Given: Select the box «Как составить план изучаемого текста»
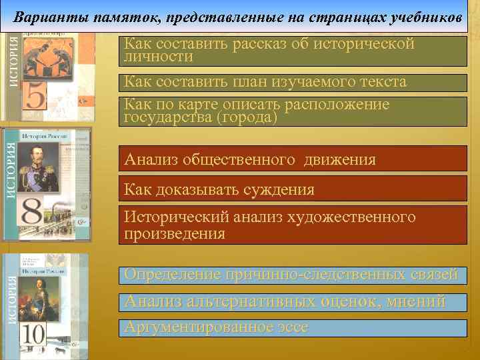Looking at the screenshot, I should click(293, 82).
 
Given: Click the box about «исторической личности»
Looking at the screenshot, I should click(293, 51).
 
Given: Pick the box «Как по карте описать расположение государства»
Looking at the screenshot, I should click(293, 111).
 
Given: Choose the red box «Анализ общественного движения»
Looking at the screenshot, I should click(293, 160).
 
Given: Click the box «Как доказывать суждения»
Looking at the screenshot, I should click(293, 189).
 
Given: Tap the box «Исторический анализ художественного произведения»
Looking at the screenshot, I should click(293, 225).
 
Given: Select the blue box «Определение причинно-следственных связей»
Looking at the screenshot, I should click(293, 275).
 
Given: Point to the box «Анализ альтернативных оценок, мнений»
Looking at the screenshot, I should click(293, 301).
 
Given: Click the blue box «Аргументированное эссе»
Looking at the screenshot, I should click(293, 327).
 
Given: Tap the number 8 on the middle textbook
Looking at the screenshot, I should click(36, 213).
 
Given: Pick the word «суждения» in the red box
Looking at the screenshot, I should click(273, 189).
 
